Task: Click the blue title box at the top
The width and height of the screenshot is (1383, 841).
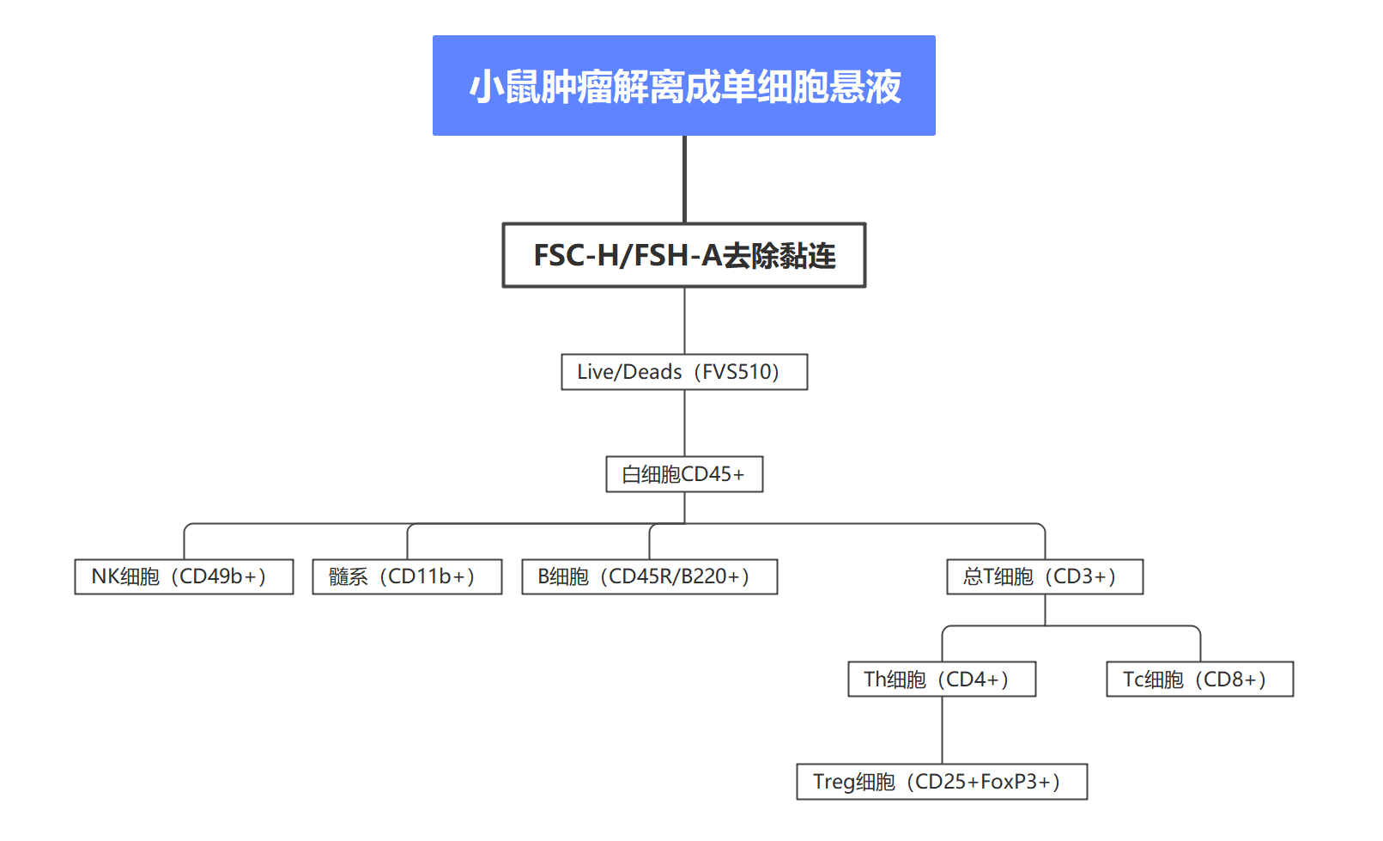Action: point(683,85)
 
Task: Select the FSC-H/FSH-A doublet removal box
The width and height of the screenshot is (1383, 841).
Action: point(683,255)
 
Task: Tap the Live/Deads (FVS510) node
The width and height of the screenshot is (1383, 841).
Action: point(683,372)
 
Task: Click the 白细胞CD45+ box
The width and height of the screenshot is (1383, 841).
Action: point(683,474)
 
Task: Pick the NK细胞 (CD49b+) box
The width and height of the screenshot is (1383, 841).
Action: point(184,576)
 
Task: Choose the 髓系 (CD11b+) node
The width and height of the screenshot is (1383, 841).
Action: point(407,576)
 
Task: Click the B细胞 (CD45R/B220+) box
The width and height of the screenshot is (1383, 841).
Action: point(649,576)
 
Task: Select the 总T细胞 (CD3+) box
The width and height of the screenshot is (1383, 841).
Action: point(1044,576)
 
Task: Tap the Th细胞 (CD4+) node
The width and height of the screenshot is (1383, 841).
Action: point(941,679)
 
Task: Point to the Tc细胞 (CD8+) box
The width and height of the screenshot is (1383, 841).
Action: point(1198,679)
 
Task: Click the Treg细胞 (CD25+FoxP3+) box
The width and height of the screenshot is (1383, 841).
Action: point(941,782)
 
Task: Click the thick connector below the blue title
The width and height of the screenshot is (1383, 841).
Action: point(684,179)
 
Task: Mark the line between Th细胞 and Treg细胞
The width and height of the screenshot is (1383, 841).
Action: point(942,730)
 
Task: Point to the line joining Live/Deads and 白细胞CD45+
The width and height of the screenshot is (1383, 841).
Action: point(684,423)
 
